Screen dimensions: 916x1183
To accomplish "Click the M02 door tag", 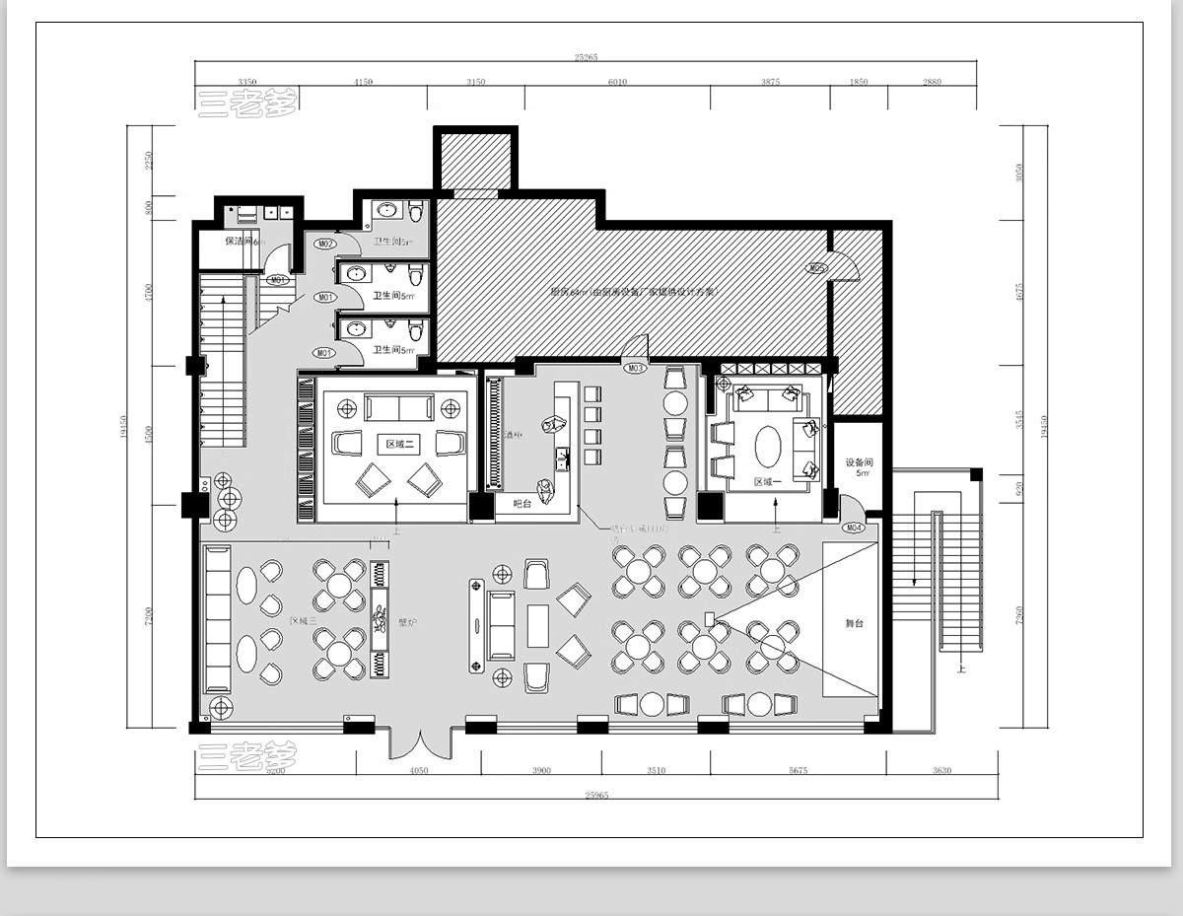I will (x=325, y=244).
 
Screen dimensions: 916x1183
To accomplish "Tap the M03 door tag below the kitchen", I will (x=636, y=368).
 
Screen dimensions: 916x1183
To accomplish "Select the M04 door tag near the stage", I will (x=854, y=528).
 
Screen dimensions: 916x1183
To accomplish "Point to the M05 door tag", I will (x=816, y=268).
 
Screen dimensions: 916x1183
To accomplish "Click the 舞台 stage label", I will (x=854, y=623).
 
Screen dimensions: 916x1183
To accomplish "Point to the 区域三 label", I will (x=304, y=621).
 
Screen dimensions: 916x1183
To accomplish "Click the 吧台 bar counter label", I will (x=522, y=504).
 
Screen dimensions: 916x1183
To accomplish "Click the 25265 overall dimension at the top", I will (x=586, y=57).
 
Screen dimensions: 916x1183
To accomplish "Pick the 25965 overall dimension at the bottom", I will (x=595, y=794).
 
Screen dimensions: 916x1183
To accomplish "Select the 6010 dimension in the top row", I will (x=617, y=82).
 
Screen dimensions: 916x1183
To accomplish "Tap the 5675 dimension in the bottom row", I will (x=797, y=771).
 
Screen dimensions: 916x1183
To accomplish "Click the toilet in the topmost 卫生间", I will (x=415, y=211).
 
